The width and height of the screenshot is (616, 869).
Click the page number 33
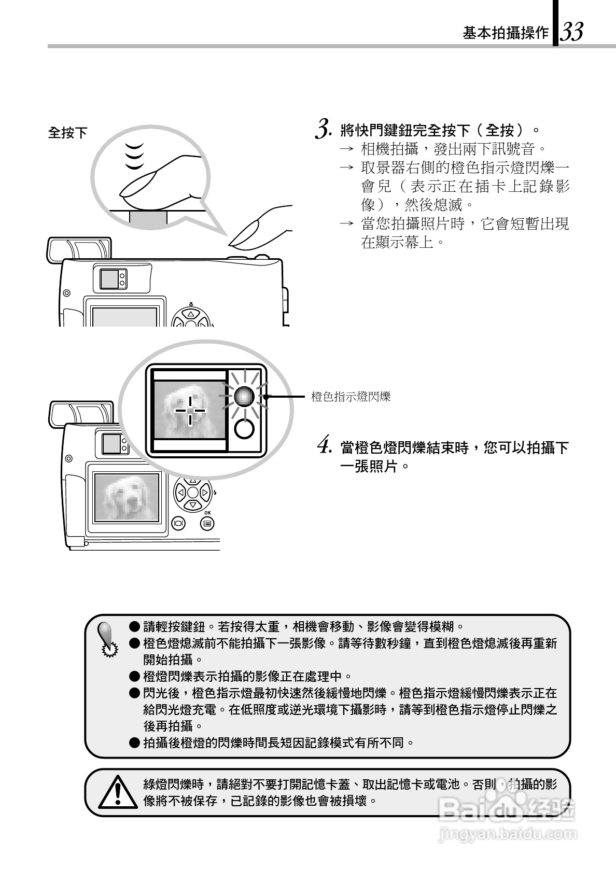click(571, 32)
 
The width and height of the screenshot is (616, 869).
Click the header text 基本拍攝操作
click(505, 34)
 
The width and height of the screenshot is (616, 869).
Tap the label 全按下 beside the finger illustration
click(68, 133)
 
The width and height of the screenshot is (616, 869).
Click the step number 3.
click(323, 129)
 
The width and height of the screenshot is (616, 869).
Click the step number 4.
click(324, 446)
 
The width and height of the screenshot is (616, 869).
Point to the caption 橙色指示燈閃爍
click(351, 397)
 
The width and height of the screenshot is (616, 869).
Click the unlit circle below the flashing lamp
click(244, 429)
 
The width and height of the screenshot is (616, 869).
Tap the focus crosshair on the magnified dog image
click(190, 410)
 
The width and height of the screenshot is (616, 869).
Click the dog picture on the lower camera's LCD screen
click(126, 497)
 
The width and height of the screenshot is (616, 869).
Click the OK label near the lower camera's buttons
click(207, 512)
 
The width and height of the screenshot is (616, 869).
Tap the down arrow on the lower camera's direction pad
click(193, 504)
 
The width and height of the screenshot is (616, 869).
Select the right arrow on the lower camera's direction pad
click(205, 492)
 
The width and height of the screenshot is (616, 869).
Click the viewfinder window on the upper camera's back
click(109, 280)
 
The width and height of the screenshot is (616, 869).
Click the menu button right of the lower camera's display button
click(207, 523)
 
